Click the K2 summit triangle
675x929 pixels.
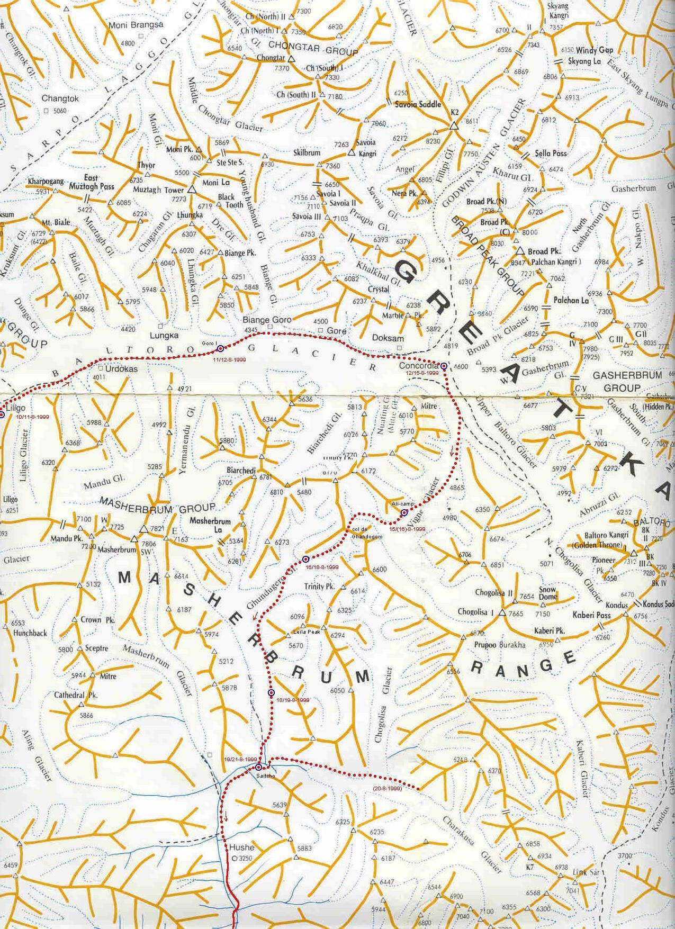(x=453, y=127)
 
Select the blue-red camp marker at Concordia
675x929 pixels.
(x=444, y=366)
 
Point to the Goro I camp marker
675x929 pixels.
(x=220, y=348)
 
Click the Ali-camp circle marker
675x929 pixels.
(x=404, y=512)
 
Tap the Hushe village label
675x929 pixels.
(x=241, y=847)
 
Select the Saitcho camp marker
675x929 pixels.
(x=258, y=767)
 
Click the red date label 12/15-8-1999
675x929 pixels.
(x=422, y=373)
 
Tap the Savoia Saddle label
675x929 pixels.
(x=418, y=104)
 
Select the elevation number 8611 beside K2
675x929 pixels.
(x=471, y=121)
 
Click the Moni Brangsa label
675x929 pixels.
(x=136, y=25)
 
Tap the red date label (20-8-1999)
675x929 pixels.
(x=387, y=789)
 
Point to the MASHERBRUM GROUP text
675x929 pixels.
(x=158, y=509)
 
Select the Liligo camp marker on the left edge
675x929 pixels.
(x=2, y=415)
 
